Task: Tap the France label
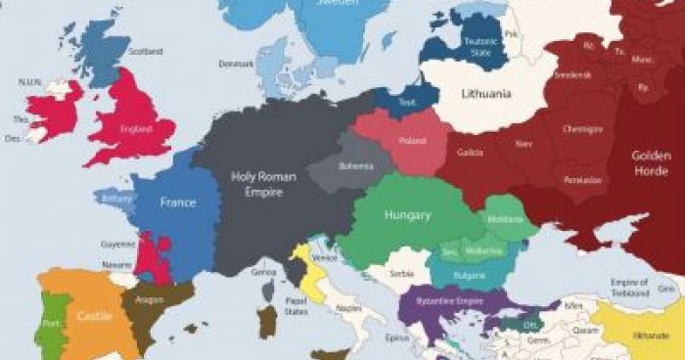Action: click(178, 202)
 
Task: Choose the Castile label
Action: click(95, 316)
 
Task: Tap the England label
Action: click(134, 128)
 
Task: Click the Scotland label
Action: click(146, 51)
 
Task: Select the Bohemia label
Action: click(356, 166)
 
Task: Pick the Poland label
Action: click(412, 141)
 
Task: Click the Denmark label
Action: click(236, 64)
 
